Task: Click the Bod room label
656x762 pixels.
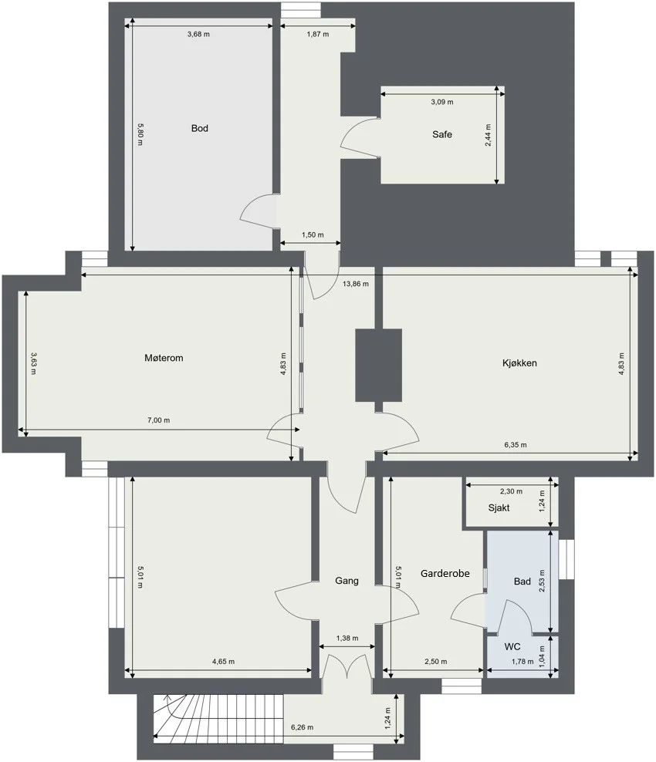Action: coord(199,128)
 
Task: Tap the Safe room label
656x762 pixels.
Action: coord(442,135)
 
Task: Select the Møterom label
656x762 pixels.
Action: coord(164,358)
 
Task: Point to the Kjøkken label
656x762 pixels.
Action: coord(519,363)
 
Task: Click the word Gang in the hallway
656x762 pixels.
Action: coord(347,581)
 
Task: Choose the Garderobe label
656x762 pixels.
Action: coord(445,574)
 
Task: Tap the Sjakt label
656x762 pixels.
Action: coord(499,508)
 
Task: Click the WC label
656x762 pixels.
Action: coord(512,647)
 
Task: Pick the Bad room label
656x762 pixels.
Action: coord(522,582)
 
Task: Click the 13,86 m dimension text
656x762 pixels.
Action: coord(356,284)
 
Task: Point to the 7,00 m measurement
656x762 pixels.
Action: coord(158,420)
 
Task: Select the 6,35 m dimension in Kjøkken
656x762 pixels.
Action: coord(516,445)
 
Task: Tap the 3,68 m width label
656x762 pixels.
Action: coord(198,34)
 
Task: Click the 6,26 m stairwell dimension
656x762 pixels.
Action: coord(302,727)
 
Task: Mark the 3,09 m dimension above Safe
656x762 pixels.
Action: coord(442,102)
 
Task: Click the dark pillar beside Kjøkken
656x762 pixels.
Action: coord(378,366)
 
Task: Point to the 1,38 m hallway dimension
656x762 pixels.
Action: coord(347,638)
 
